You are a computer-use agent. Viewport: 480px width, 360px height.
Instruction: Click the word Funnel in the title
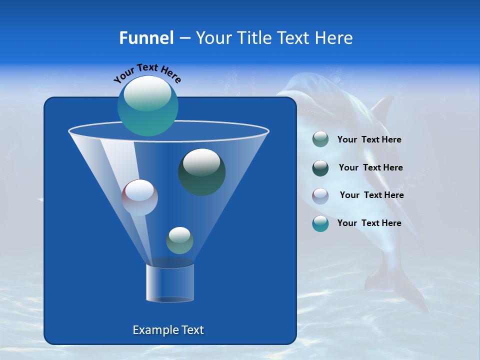click(x=146, y=38)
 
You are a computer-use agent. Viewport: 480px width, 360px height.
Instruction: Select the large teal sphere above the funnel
click(x=148, y=105)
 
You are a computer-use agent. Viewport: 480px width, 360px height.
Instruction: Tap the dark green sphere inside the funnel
click(x=202, y=172)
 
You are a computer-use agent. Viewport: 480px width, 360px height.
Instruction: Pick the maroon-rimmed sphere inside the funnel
click(x=140, y=197)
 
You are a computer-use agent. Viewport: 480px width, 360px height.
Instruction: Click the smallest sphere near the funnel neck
click(x=179, y=240)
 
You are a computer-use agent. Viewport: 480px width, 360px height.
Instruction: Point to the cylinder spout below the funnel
click(x=170, y=282)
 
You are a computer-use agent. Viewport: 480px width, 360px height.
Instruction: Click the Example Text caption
click(x=168, y=330)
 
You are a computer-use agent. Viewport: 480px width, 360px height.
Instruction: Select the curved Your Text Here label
click(x=147, y=73)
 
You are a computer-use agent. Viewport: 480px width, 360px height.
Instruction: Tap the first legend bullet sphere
click(x=320, y=139)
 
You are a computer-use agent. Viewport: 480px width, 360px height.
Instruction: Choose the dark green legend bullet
click(x=320, y=168)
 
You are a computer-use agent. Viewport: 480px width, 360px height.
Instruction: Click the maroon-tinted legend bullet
click(x=320, y=195)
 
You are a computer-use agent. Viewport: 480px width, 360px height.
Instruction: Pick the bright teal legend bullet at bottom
click(x=320, y=223)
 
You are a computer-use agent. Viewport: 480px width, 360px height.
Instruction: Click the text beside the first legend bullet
click(x=369, y=140)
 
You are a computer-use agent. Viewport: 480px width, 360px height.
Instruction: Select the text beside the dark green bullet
click(x=370, y=168)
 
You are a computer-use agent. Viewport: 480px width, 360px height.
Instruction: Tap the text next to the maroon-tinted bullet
click(x=371, y=195)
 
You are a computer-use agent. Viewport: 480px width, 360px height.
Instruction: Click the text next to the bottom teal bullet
click(x=369, y=223)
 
